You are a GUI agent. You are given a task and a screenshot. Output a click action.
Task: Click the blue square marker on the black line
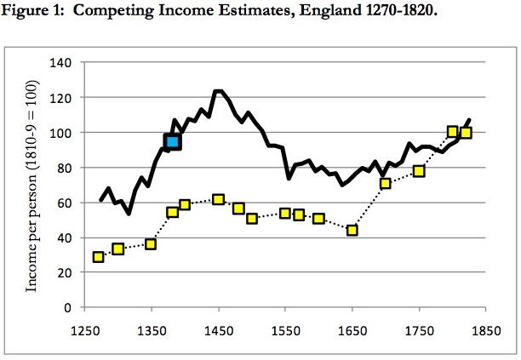tap(173, 141)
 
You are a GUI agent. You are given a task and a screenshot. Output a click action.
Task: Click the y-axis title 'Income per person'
tap(33, 186)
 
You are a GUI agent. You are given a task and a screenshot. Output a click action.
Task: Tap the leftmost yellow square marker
tap(99, 257)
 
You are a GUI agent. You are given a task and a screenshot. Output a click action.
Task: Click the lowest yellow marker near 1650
tap(352, 230)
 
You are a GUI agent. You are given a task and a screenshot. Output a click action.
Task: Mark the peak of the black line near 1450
tap(218, 91)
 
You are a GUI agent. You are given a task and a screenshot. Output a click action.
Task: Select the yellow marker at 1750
tap(419, 171)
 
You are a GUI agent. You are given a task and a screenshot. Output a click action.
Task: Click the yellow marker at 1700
tap(386, 183)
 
